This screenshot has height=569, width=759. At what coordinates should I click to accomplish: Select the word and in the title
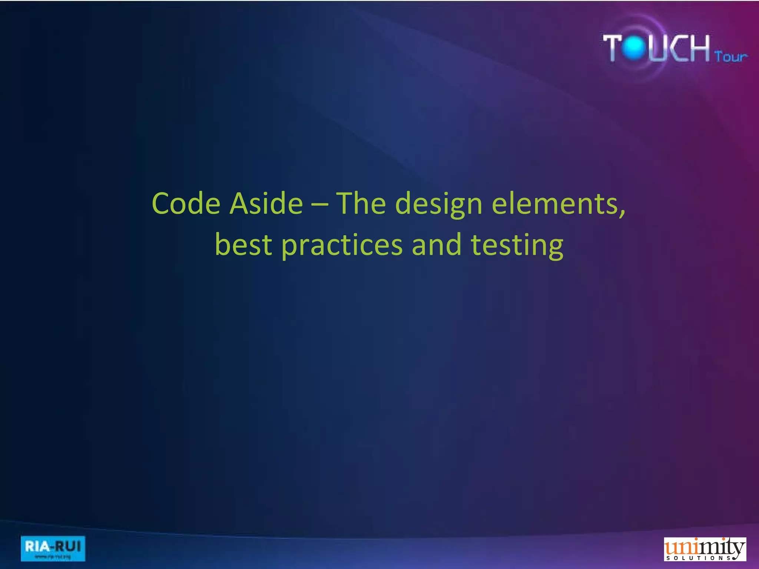pyautogui.click(x=437, y=245)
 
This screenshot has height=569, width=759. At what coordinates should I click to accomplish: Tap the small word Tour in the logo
pyautogui.click(x=731, y=57)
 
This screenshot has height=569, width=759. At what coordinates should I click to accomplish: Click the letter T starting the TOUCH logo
pyautogui.click(x=613, y=47)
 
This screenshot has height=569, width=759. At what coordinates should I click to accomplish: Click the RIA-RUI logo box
pyautogui.click(x=53, y=548)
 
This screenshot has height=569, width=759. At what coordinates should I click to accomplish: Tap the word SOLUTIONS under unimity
pyautogui.click(x=699, y=558)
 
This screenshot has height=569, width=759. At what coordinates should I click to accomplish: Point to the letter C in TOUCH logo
pyautogui.click(x=678, y=47)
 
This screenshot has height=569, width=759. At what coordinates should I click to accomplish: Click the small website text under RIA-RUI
pyautogui.click(x=53, y=556)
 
